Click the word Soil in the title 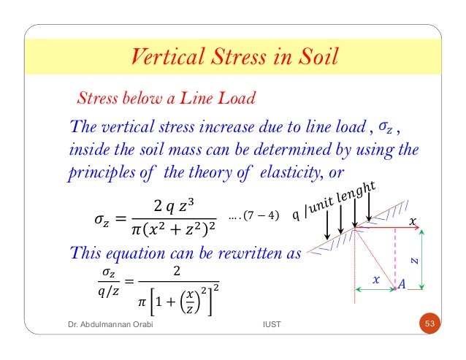coord(315,56)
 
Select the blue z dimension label coord(413,258)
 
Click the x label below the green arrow coord(377,279)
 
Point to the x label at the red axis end coord(413,221)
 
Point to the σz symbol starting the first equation coord(107,217)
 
